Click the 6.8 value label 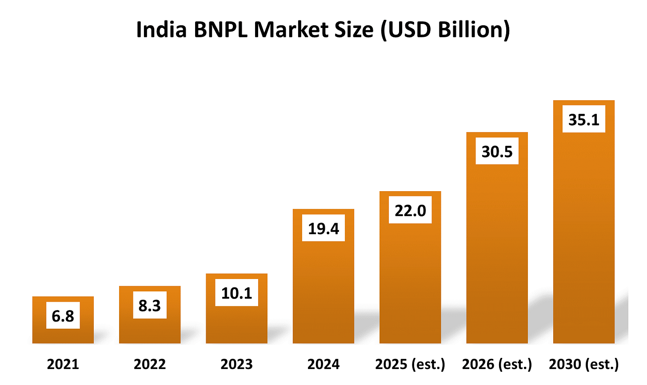tap(63, 315)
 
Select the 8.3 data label tap(150, 305)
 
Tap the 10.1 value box tap(236, 292)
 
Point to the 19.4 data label tap(323, 228)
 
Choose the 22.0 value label tap(410, 210)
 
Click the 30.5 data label tap(497, 151)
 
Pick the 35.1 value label tap(584, 119)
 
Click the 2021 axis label tap(63, 364)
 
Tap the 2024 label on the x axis tap(323, 364)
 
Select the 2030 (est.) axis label tap(584, 364)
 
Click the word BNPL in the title tap(221, 30)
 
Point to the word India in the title tap(161, 30)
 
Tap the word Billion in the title tap(471, 30)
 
